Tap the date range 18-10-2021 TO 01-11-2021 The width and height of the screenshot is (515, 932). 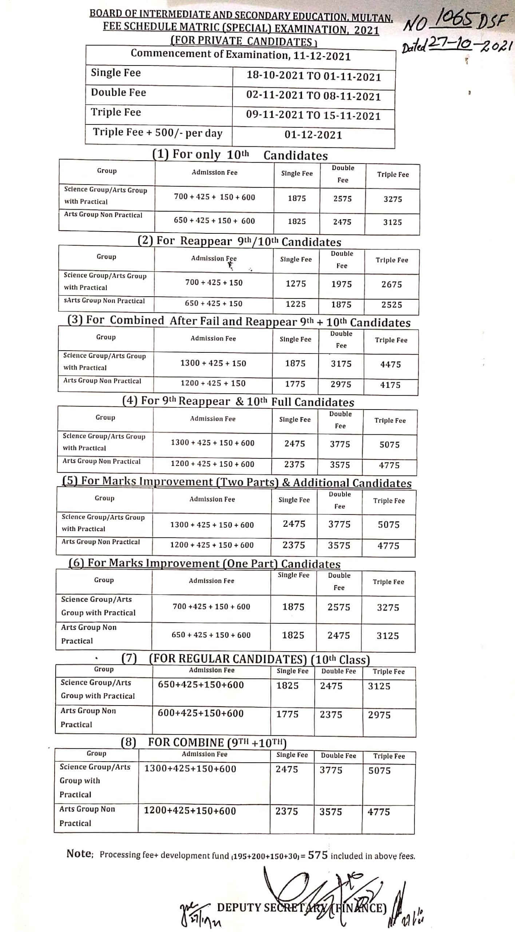click(313, 76)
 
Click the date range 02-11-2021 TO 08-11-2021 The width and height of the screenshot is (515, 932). click(313, 96)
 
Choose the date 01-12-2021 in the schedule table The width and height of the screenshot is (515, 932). click(313, 135)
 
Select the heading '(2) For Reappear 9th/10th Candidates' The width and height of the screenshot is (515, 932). click(239, 242)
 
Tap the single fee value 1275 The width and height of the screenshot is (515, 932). click(296, 284)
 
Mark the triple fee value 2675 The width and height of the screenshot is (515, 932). click(392, 284)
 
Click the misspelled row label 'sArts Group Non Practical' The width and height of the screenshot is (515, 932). click(104, 301)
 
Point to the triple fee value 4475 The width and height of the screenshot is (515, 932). click(391, 364)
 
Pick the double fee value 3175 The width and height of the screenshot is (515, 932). click(341, 364)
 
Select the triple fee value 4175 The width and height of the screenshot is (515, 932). click(390, 385)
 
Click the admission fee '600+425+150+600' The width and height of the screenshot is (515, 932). click(201, 713)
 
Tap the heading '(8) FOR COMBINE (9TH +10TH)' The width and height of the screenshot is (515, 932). click(204, 743)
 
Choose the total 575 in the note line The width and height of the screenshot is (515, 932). click(318, 855)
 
